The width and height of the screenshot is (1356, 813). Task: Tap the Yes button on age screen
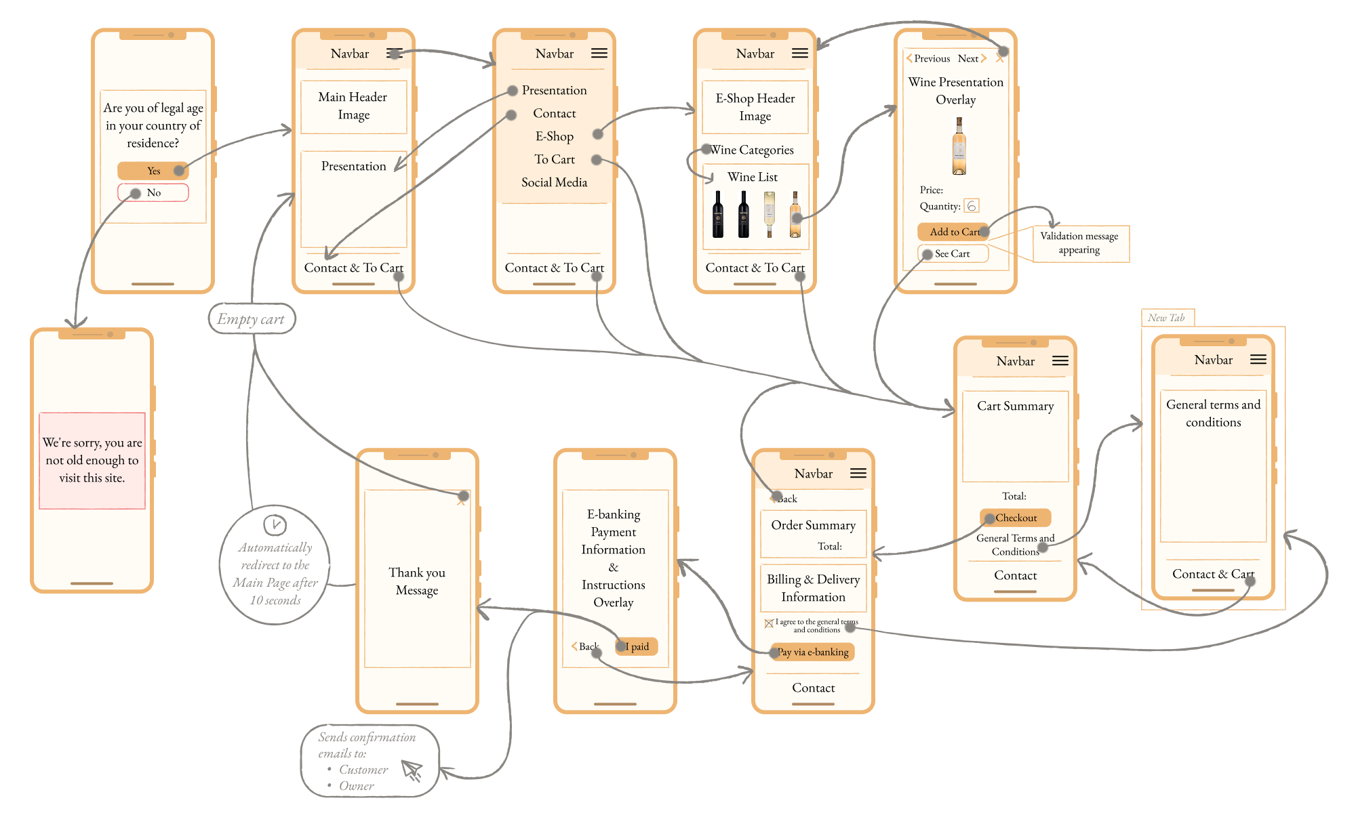tap(153, 171)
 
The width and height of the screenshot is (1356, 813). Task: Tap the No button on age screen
tap(153, 193)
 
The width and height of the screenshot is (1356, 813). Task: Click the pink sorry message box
tap(92, 460)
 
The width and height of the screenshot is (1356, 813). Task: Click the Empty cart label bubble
tap(252, 319)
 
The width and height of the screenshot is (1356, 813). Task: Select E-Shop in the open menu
tap(555, 136)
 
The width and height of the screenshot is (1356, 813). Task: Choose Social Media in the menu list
tap(554, 182)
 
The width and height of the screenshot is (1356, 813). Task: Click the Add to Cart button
tap(953, 232)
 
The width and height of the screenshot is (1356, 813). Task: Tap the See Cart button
tap(953, 254)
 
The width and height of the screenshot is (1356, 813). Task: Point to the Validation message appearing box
tap(1080, 243)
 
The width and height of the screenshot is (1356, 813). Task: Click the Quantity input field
tap(972, 206)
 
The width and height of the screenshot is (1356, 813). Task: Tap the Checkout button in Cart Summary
tap(1016, 518)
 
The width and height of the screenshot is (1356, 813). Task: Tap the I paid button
tap(637, 646)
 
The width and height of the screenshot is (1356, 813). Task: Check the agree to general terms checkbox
tap(769, 623)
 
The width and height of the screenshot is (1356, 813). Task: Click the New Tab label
tap(1166, 318)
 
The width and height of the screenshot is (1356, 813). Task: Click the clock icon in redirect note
tap(275, 524)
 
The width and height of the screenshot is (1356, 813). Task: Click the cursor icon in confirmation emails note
tap(412, 770)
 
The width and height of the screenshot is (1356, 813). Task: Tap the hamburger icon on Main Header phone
tap(394, 54)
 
